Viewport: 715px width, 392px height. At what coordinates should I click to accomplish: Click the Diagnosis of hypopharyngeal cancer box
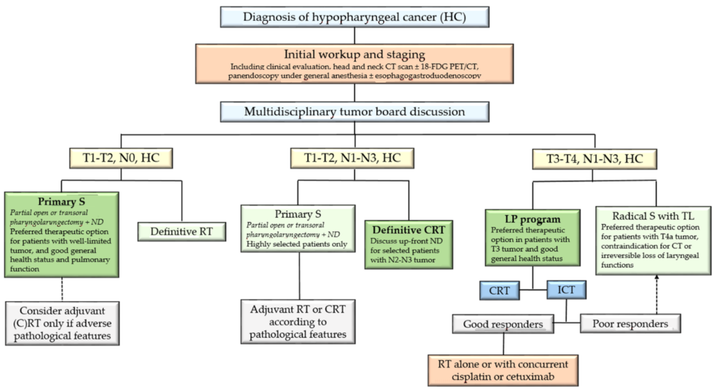(354, 17)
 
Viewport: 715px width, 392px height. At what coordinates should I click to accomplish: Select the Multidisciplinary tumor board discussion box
(354, 112)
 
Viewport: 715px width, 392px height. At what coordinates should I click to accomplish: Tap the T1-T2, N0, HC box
(121, 158)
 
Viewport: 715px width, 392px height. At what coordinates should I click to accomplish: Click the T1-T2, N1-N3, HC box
(352, 158)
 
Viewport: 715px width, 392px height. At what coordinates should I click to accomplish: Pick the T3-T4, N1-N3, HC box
(594, 159)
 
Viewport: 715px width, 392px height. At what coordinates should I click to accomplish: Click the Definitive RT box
(182, 232)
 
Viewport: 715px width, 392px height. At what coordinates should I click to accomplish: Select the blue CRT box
(499, 291)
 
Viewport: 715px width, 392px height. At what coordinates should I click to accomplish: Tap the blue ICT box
(566, 290)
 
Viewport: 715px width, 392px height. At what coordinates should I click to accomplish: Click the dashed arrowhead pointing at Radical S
(657, 277)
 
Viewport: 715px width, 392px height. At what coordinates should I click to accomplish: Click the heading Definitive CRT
(409, 230)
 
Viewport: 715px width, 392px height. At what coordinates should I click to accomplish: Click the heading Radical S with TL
(653, 216)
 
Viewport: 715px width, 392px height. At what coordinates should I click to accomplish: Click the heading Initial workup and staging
(354, 54)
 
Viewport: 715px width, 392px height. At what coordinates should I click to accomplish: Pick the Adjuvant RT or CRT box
(298, 322)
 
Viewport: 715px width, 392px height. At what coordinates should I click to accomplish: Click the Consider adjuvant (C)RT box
(62, 323)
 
